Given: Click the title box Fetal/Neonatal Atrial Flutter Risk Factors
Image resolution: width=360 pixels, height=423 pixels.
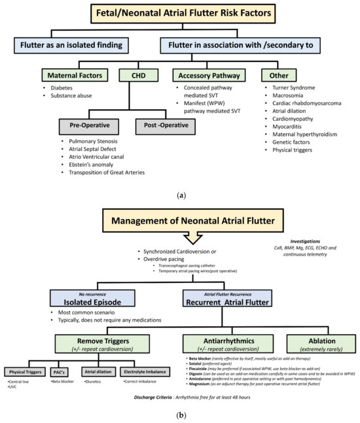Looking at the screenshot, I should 181,14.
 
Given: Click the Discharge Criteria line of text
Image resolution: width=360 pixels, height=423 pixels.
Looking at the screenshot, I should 180,414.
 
